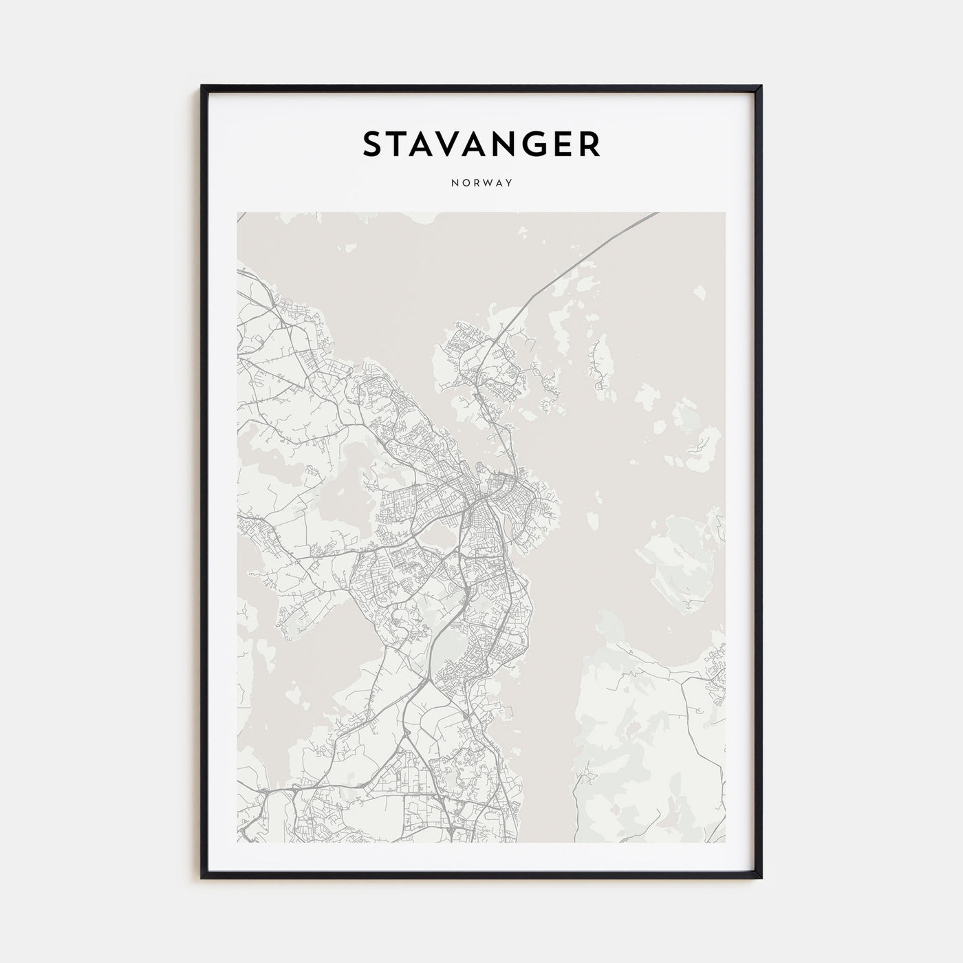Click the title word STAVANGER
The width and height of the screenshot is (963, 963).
[x=481, y=144]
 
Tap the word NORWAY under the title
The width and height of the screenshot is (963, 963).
[x=481, y=184]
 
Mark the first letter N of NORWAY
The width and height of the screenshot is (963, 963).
[x=454, y=184]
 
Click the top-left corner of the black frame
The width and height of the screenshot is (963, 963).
[x=202, y=87]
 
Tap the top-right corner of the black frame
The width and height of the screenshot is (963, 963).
[x=761, y=87]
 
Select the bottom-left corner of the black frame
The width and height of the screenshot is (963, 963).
[x=202, y=878]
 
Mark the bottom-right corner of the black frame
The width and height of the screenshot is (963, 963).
[x=761, y=878]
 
